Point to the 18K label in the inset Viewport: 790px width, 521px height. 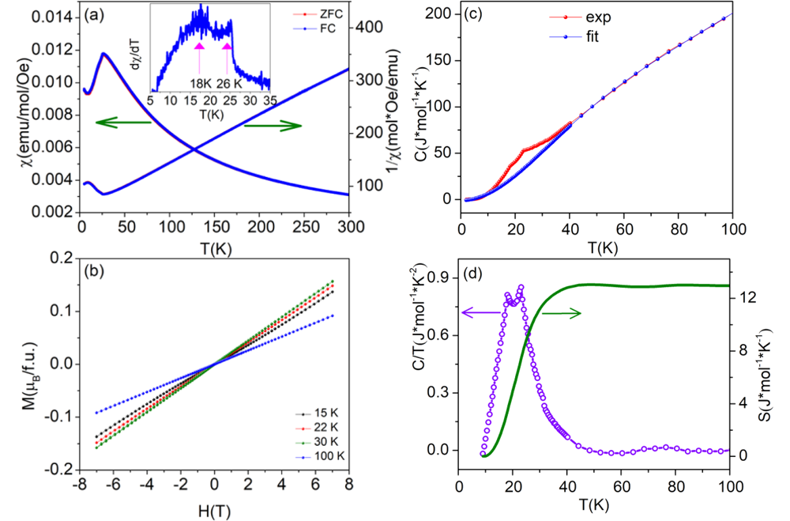[x=202, y=83]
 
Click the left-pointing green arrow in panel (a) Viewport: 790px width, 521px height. [x=123, y=122]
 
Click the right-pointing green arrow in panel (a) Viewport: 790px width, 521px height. [x=273, y=124]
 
